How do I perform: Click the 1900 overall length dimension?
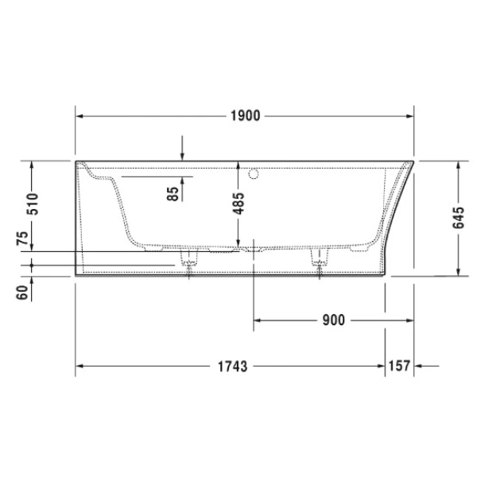(x=246, y=115)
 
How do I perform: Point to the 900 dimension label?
(x=334, y=320)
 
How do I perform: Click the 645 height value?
(x=459, y=218)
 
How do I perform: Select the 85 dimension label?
(x=173, y=193)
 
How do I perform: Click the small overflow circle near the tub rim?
(x=254, y=172)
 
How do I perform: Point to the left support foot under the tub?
(x=189, y=262)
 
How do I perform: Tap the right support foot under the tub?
(x=321, y=262)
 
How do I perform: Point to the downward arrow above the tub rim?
(x=182, y=155)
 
